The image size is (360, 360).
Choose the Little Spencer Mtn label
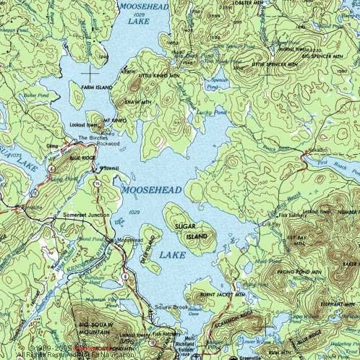(251, 64)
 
